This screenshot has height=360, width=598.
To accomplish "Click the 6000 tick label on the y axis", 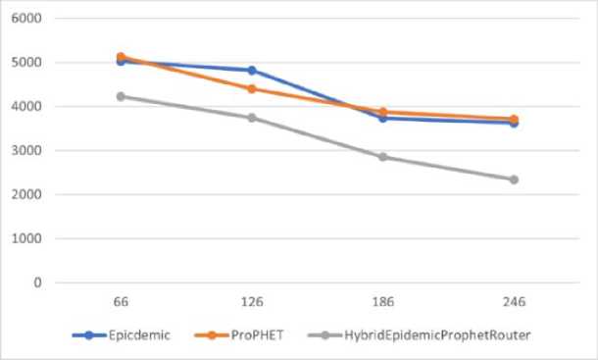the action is (x=26, y=18).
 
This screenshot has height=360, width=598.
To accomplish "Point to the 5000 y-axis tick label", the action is (x=26, y=62).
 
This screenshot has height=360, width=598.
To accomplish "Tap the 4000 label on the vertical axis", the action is (x=26, y=106).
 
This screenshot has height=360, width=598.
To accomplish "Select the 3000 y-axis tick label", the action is (x=26, y=150).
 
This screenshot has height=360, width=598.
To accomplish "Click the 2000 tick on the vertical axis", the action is (x=26, y=194).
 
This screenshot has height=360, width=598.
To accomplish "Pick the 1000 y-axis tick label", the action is (x=26, y=238).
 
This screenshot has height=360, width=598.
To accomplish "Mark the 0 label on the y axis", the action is (x=37, y=283).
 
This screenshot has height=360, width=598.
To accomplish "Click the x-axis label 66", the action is (x=121, y=301).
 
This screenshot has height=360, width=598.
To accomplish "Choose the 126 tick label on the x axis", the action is (x=252, y=301).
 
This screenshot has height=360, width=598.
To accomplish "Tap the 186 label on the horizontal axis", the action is (x=383, y=301).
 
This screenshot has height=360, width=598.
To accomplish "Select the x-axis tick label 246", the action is (x=514, y=301).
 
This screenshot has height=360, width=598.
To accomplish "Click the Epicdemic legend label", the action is (x=139, y=335).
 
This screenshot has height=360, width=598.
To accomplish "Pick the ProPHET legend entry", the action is (x=258, y=335).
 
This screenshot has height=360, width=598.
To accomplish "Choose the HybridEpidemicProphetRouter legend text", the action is (x=437, y=335).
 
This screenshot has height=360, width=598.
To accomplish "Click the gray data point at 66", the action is (x=121, y=96).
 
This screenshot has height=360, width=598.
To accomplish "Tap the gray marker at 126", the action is (x=252, y=118).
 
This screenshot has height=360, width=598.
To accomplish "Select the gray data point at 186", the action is (x=383, y=157).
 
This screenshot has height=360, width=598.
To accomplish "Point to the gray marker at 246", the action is (x=514, y=180).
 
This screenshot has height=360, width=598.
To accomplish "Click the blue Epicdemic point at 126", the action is (x=252, y=71).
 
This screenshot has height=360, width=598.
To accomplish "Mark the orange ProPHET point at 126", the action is (x=252, y=89).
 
